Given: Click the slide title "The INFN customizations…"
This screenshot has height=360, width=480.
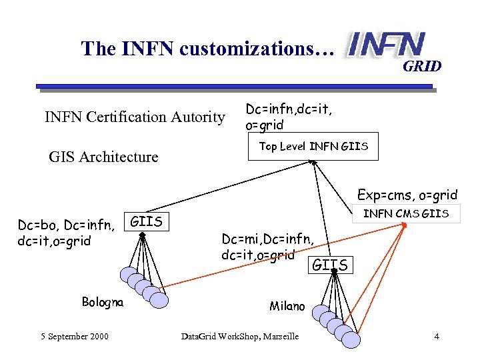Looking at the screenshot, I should tap(206, 49).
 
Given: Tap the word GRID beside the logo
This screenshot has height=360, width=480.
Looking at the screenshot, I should tap(421, 66).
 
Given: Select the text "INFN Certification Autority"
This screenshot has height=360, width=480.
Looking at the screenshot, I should tap(135, 117).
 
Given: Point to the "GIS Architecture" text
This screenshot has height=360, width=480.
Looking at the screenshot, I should tap(103, 157).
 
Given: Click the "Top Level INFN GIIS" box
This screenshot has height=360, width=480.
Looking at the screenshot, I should tap(313, 147).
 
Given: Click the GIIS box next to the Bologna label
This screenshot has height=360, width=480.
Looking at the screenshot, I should tap(147, 221).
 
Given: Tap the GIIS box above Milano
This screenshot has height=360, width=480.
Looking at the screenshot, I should tap(330, 265).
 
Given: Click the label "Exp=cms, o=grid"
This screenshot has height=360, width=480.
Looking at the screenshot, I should tap(407, 195).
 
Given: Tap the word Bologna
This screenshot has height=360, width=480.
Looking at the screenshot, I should tap(102, 302).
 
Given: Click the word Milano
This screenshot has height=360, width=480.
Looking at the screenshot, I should tap(287, 306).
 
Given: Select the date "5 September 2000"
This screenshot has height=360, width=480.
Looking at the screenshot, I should tap(73, 336).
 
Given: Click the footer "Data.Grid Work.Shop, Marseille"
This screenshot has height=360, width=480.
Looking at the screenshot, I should tap(240, 336).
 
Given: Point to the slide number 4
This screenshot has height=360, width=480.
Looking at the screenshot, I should tap(436, 336).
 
